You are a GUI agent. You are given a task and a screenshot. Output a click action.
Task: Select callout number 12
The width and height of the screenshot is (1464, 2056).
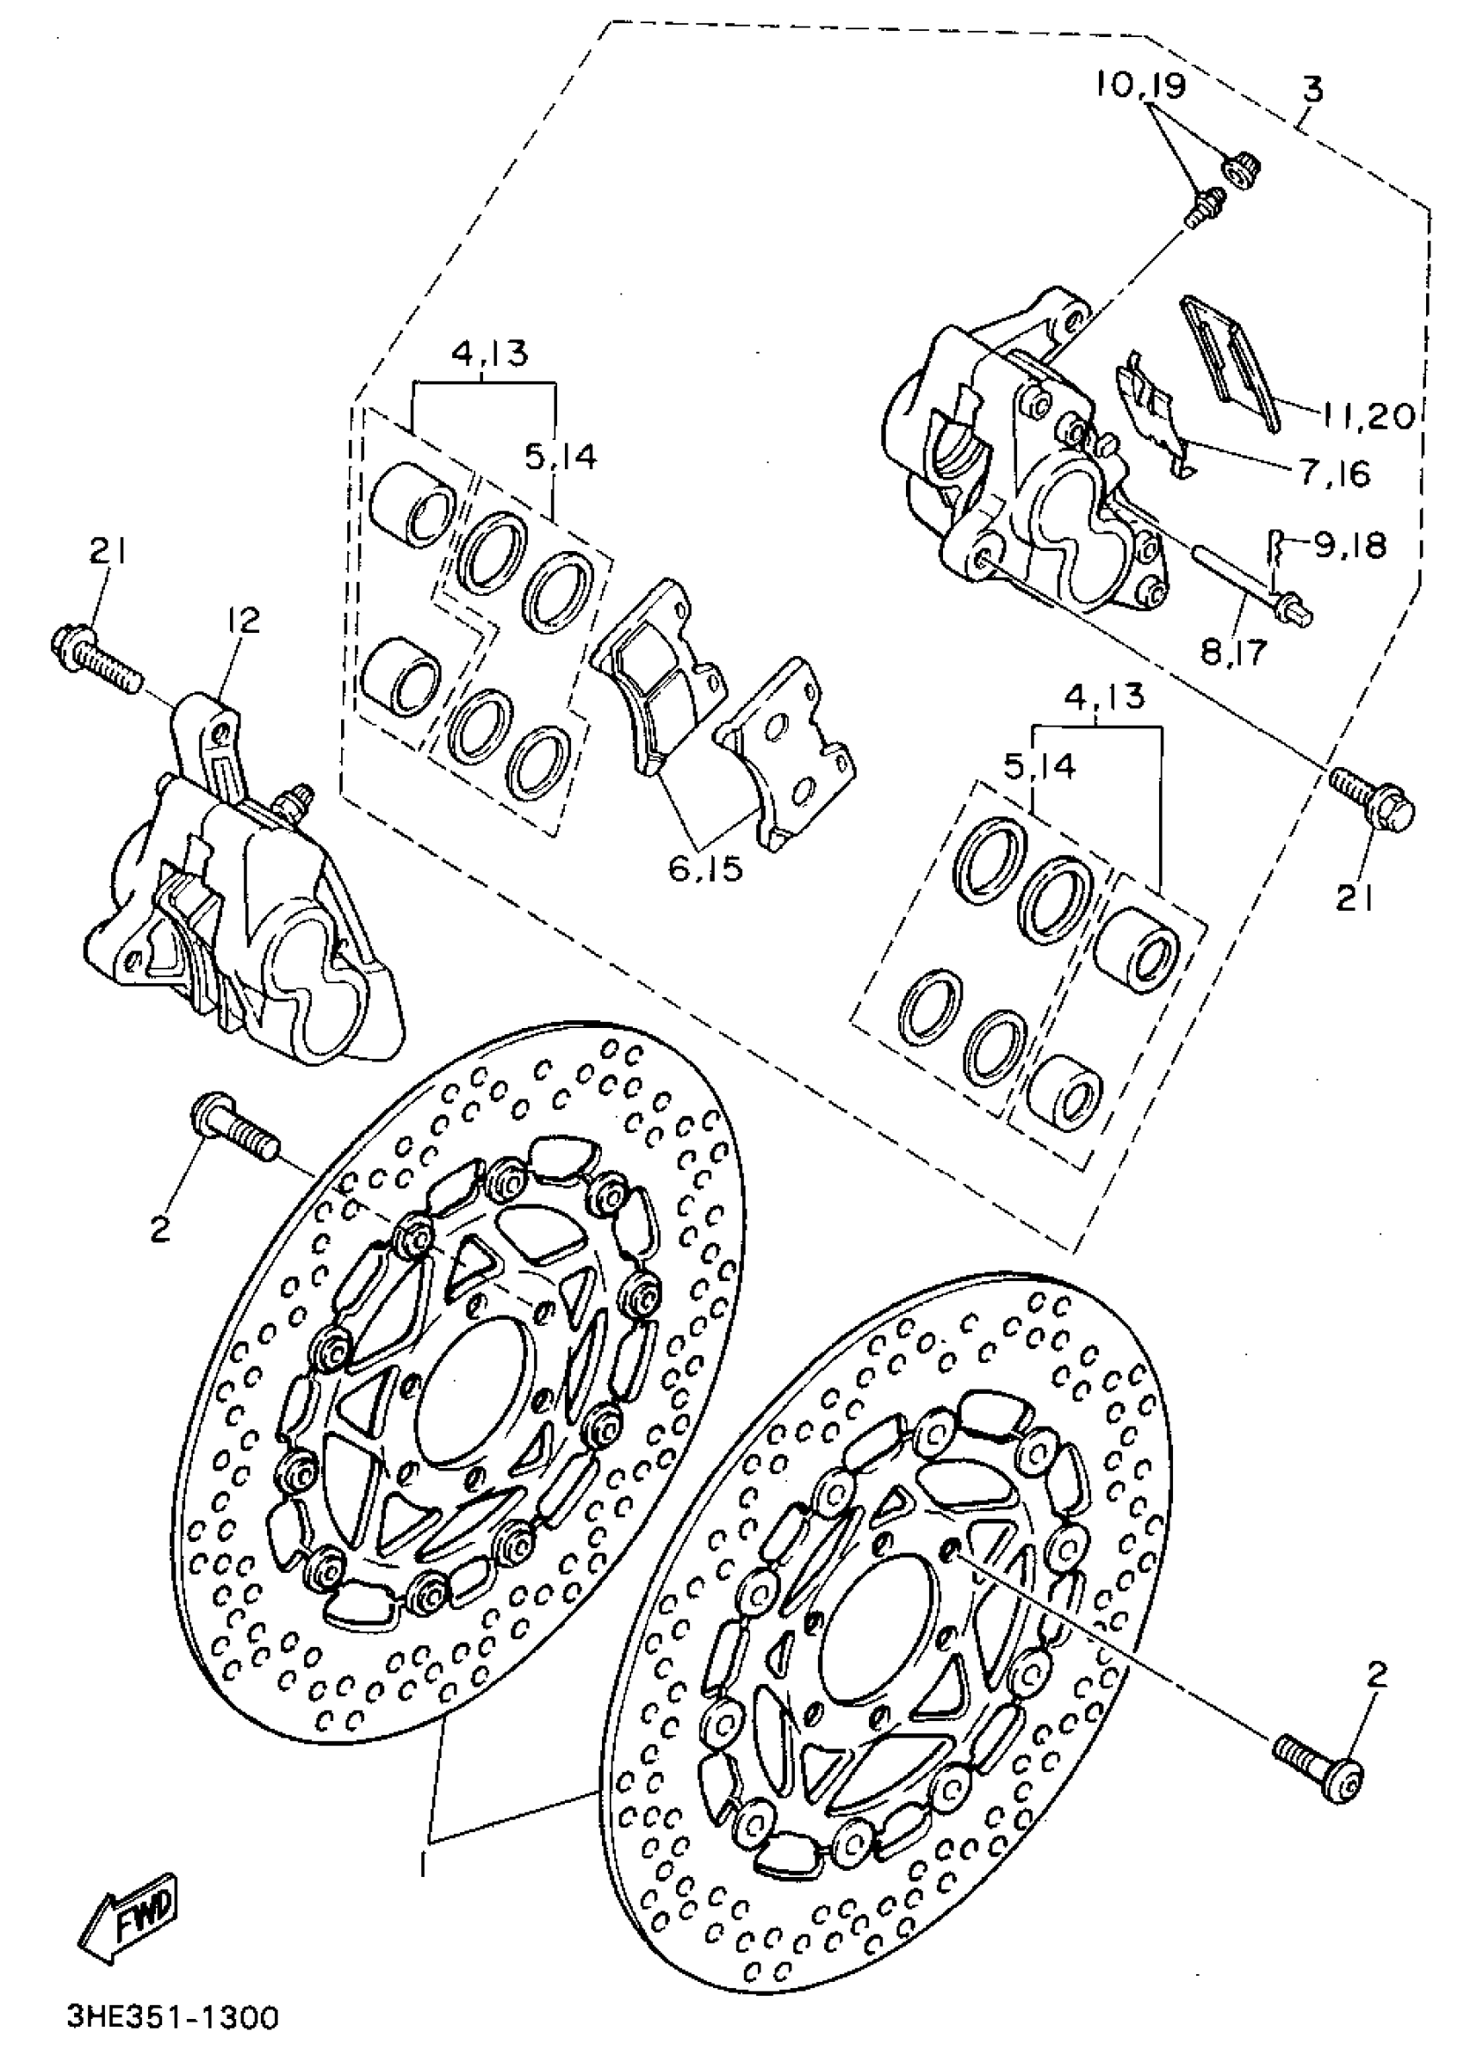pos(243,620)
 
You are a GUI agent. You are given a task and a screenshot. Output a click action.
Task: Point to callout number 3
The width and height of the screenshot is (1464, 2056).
pos(1312,90)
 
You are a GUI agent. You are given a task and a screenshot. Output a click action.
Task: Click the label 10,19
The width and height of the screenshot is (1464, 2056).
pos(1140,85)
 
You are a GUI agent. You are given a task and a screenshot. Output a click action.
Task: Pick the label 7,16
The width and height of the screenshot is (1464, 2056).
pos(1334,473)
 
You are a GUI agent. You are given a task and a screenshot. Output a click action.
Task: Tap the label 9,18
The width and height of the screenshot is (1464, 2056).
pos(1350,544)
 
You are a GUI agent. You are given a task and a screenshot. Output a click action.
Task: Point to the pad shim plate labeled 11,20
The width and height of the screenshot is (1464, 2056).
pos(1231,362)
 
